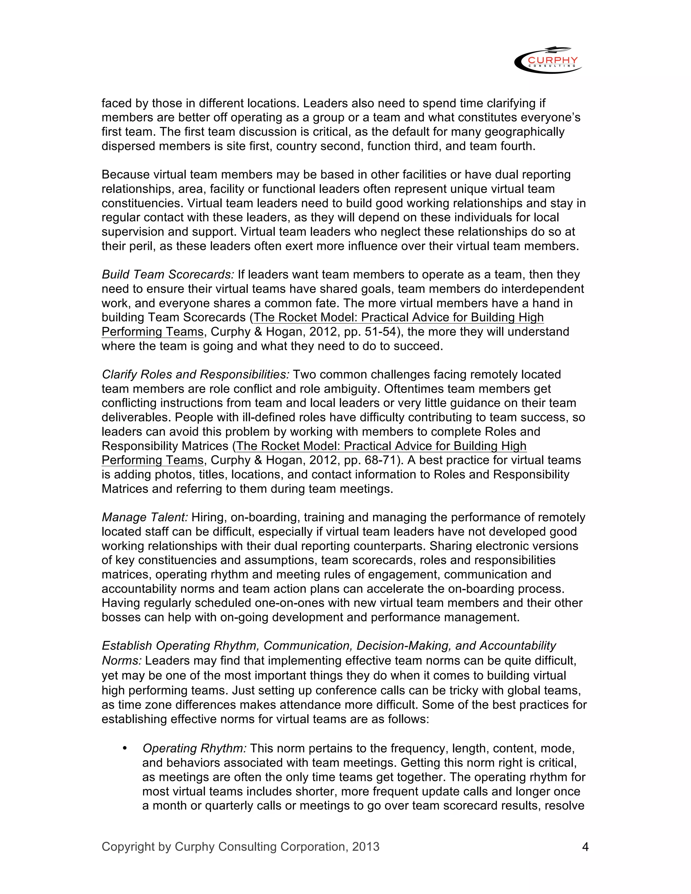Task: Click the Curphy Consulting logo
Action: point(548,60)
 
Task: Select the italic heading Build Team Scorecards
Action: point(168,275)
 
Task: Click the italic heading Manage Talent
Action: point(145,518)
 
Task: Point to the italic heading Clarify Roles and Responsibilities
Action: point(196,374)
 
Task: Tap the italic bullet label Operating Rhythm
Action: point(194,748)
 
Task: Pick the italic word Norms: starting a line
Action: point(121,661)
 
